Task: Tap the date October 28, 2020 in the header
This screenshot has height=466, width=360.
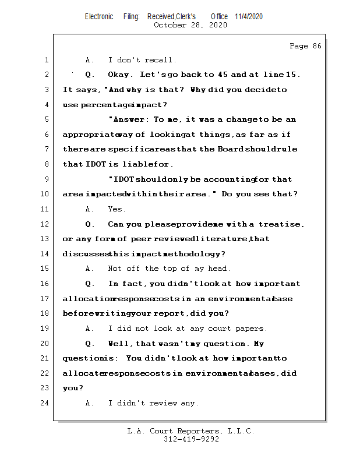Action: [190, 25]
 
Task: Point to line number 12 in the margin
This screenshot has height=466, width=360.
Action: [45, 224]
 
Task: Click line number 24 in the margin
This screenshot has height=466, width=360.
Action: [45, 403]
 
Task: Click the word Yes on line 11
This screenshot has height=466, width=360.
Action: [117, 209]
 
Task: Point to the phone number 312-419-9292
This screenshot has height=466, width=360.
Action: [190, 439]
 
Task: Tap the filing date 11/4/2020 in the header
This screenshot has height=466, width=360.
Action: [249, 17]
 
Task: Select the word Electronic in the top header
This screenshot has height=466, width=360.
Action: [99, 17]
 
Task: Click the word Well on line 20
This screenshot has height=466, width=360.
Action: [119, 344]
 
